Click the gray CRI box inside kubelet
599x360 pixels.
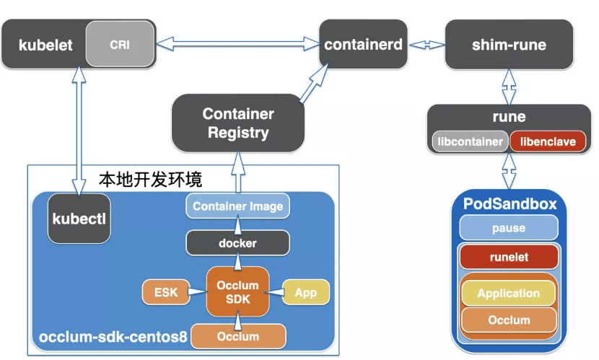(x=120, y=45)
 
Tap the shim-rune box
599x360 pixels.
(x=509, y=45)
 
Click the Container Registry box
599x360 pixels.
(x=238, y=123)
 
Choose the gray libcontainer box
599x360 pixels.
(x=470, y=141)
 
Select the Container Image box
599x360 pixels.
(x=237, y=206)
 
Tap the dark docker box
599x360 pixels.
(x=237, y=243)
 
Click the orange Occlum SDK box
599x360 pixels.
(x=237, y=291)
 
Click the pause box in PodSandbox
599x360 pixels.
(x=509, y=228)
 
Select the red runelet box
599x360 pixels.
(x=509, y=257)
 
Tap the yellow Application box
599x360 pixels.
(x=509, y=293)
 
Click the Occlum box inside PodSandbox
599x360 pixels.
(x=509, y=320)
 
